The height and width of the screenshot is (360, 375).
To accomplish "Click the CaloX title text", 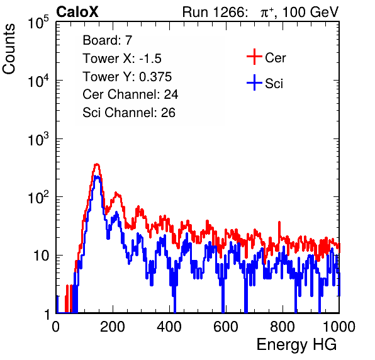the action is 77,12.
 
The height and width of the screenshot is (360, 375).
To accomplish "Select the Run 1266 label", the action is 214,12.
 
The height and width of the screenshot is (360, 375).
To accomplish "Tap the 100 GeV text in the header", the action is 310,12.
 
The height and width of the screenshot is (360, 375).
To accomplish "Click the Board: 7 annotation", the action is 108,40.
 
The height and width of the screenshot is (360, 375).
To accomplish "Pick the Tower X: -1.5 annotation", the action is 122,59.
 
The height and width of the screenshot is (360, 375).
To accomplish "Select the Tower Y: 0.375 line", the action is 127,77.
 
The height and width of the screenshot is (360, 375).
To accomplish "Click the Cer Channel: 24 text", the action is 130,94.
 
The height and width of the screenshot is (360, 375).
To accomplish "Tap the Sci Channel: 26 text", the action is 129,113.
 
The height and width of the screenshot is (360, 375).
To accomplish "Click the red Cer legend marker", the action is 254,57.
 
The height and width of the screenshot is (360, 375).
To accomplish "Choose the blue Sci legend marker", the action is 254,83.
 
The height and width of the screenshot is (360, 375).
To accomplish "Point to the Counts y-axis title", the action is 9,49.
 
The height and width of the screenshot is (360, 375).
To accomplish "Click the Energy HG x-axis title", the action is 296,344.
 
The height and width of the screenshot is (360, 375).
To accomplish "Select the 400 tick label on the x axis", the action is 169,327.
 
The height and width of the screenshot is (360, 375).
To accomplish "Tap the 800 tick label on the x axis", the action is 283,327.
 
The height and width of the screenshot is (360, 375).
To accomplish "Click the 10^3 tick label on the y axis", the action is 38,138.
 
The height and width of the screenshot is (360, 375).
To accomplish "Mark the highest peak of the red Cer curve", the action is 97,164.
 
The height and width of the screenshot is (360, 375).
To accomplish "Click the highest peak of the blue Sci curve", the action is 97,176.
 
